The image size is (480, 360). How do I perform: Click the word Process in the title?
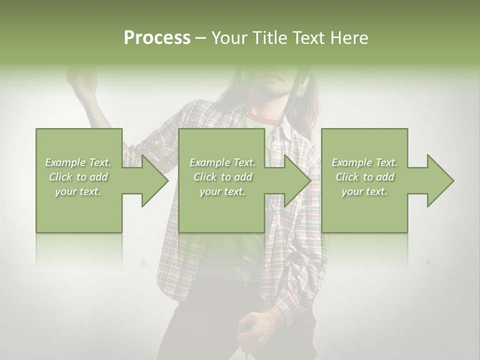[x=157, y=37]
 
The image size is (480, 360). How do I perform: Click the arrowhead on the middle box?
[x=297, y=180]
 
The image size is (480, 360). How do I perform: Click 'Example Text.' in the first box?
[x=78, y=162]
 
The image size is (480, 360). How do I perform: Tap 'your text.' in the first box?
[x=78, y=191]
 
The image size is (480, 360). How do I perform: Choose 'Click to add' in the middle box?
[x=222, y=177]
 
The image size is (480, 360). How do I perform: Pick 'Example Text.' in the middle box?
[x=222, y=162]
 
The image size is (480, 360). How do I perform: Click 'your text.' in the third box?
[x=364, y=191]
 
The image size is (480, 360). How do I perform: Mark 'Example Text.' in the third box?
[x=364, y=162]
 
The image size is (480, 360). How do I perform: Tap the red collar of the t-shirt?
[x=263, y=119]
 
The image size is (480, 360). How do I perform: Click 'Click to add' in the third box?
[x=364, y=177]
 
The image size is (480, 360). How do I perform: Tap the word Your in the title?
[x=228, y=37]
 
